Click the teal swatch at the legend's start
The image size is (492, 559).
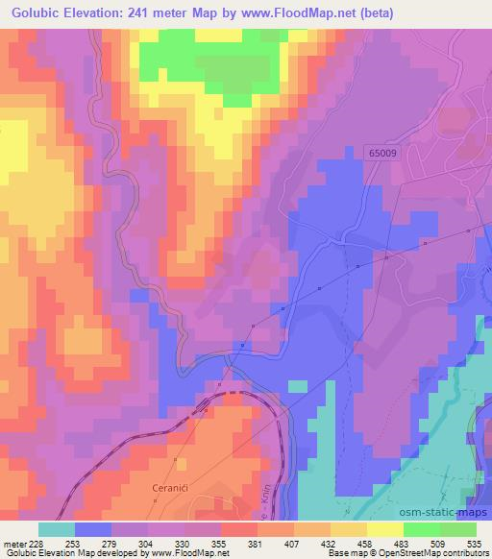(56, 529)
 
